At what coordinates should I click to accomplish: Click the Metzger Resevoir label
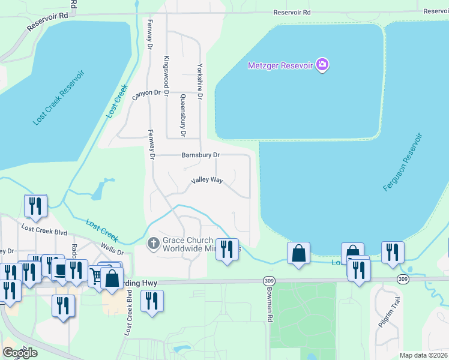[281, 65]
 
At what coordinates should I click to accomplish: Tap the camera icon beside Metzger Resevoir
[322, 65]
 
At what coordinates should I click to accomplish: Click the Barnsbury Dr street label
[201, 155]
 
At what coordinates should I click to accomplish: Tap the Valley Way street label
[206, 180]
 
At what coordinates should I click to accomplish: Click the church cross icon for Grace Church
[153, 243]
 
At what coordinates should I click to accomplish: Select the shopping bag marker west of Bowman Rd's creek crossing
[298, 253]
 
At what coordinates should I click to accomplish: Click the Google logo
[20, 353]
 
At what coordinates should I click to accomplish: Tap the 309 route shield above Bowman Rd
[268, 280]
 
